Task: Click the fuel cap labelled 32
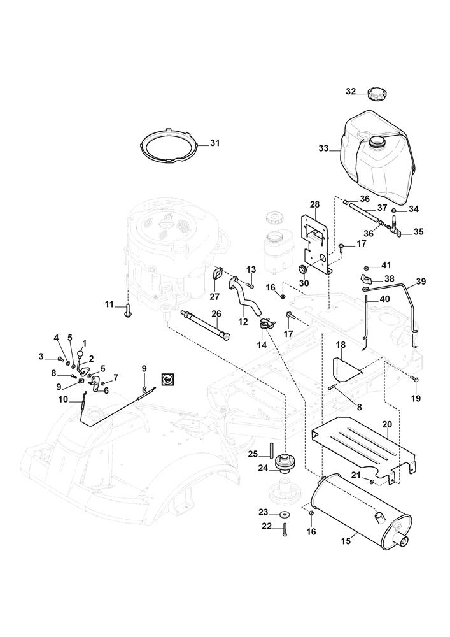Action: pos(376,94)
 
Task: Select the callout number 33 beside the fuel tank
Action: pos(323,148)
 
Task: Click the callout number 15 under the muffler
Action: pos(346,541)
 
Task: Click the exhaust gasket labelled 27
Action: pos(217,274)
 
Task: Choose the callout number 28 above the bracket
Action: pos(315,203)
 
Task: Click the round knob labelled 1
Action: pos(81,354)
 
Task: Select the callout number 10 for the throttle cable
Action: pos(63,399)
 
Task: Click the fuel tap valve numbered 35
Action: pos(394,230)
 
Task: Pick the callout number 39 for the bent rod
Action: pos(421,282)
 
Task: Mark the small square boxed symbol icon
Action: pos(167,379)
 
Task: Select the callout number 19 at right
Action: pos(416,398)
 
